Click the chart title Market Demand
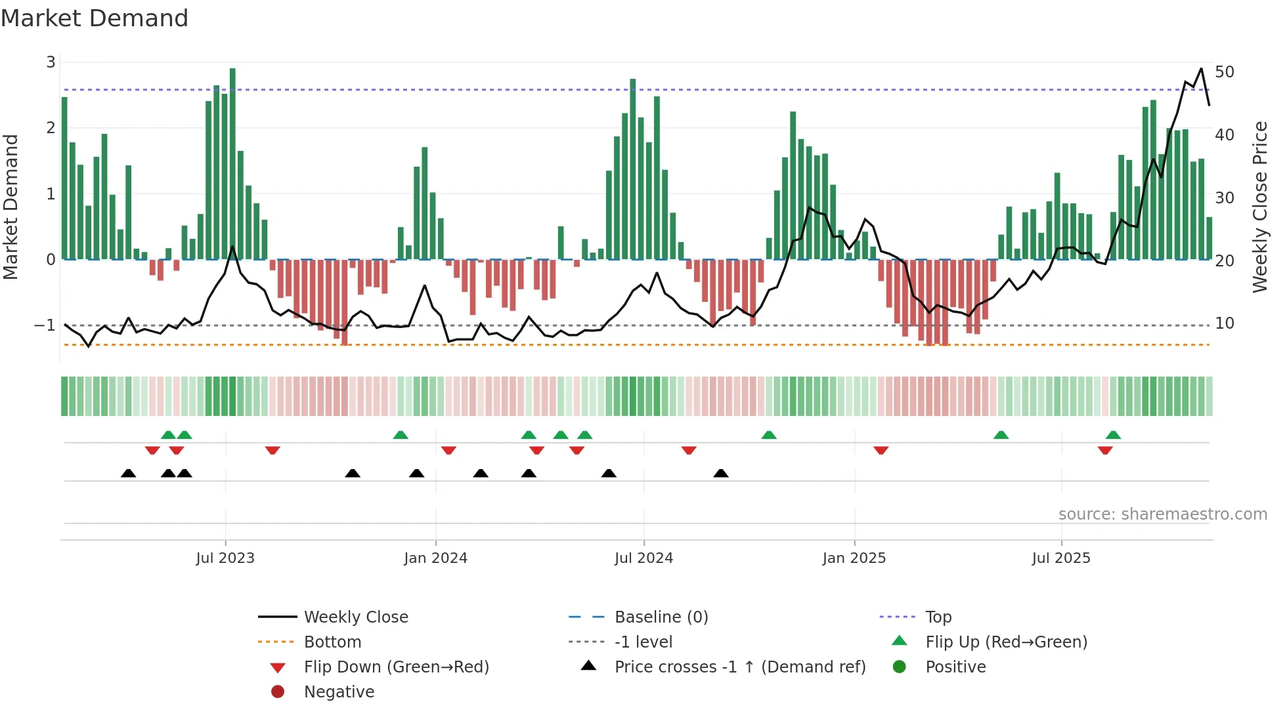click(x=95, y=18)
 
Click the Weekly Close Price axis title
click(x=1259, y=207)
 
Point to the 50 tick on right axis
click(x=1225, y=72)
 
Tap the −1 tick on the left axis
click(x=45, y=325)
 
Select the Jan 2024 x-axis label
click(x=435, y=558)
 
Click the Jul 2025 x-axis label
click(x=1060, y=558)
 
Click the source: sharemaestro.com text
click(x=1162, y=514)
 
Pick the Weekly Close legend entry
click(x=355, y=617)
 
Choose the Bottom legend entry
click(x=332, y=642)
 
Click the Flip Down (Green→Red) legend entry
click(x=396, y=667)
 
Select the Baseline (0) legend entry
click(x=661, y=617)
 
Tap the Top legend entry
click(x=938, y=617)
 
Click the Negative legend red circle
click(x=278, y=692)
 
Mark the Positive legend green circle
click(x=900, y=667)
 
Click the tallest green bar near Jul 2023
click(x=232, y=164)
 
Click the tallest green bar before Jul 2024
click(x=633, y=169)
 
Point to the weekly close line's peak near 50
click(x=1201, y=69)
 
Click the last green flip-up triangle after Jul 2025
click(x=1113, y=435)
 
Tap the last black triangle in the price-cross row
click(x=721, y=474)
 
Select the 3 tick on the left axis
click(x=51, y=62)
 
